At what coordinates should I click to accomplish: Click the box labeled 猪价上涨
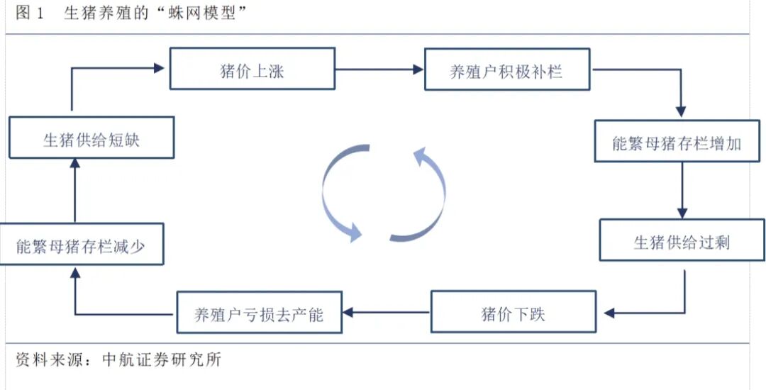pyautogui.click(x=252, y=69)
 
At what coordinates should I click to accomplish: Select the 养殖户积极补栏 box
pyautogui.click(x=506, y=69)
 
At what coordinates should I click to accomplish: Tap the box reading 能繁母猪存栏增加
pyautogui.click(x=677, y=143)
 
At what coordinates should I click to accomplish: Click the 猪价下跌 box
pyautogui.click(x=513, y=312)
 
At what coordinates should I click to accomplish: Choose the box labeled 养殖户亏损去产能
pyautogui.click(x=258, y=313)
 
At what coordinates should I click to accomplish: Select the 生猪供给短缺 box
pyautogui.click(x=91, y=138)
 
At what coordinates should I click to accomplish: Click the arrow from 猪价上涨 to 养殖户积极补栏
pyautogui.click(x=379, y=69)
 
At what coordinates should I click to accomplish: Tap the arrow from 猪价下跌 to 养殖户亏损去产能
pyautogui.click(x=387, y=312)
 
